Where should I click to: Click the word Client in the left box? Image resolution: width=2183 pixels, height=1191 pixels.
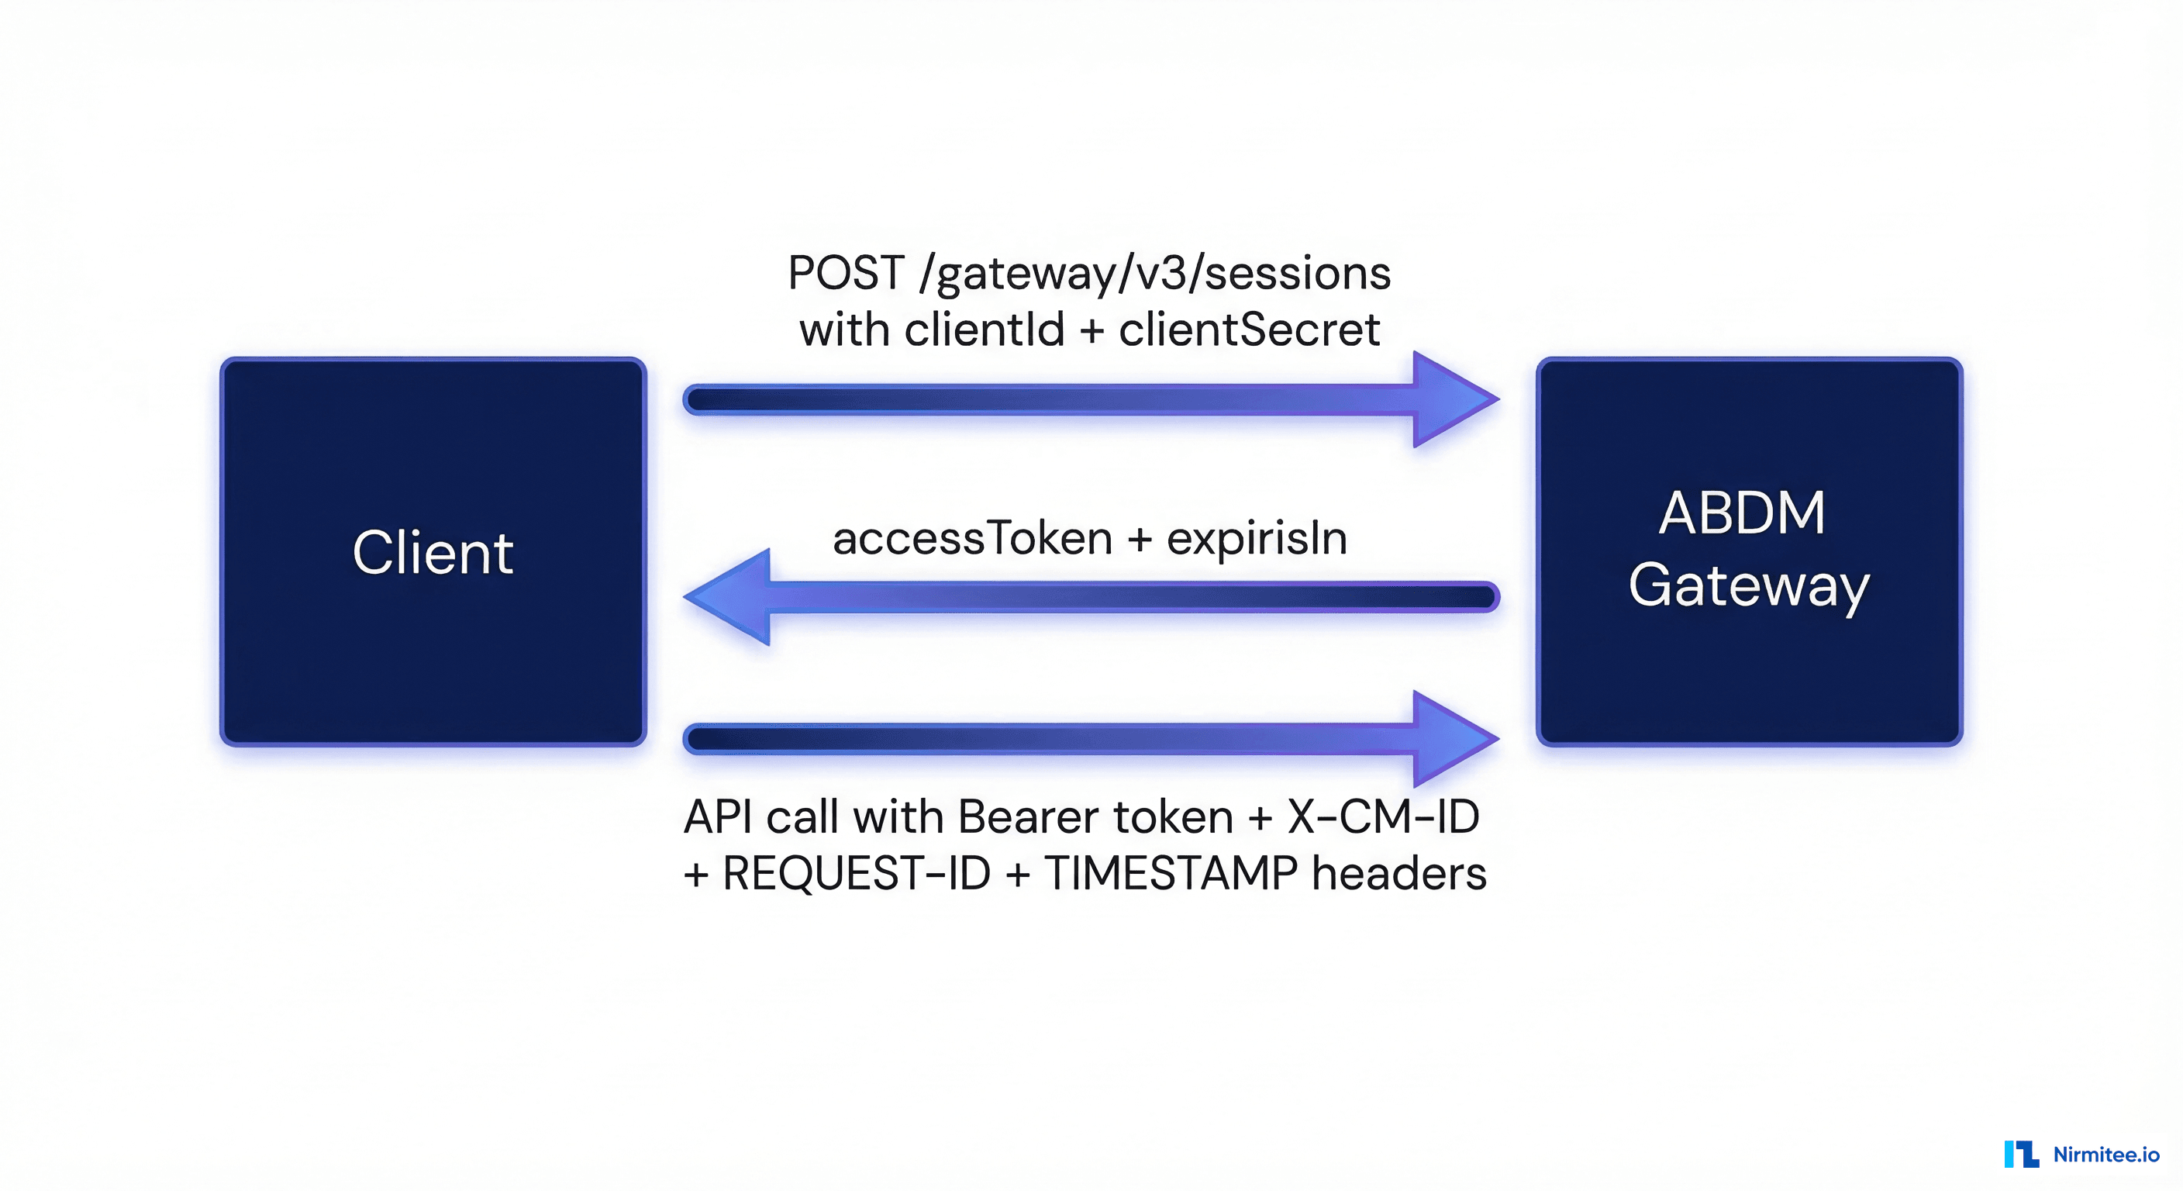(433, 553)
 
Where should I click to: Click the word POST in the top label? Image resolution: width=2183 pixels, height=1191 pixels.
(846, 273)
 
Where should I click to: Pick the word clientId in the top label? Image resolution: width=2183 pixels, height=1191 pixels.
(984, 330)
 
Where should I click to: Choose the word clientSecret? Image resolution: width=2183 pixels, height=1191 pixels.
(1249, 330)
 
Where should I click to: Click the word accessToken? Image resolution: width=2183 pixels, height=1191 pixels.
(972, 538)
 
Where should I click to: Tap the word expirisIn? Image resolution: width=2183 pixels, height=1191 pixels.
(1257, 539)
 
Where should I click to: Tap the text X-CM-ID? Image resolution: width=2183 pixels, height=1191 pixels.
(1383, 817)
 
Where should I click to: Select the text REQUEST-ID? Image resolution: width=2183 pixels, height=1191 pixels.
(856, 873)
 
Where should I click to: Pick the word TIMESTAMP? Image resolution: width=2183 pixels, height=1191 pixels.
(1171, 873)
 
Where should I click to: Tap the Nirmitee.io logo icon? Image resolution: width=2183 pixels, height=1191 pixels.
(2021, 1154)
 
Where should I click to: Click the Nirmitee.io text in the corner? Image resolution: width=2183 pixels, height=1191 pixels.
(2106, 1154)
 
